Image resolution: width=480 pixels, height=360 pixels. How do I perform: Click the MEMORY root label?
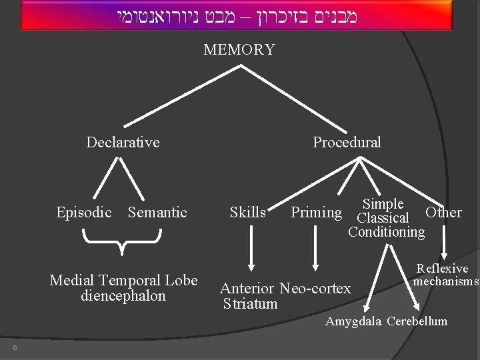click(x=239, y=50)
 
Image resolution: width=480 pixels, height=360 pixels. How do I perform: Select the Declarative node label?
click(x=123, y=142)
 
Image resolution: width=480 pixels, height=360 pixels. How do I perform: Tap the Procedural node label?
click(x=347, y=142)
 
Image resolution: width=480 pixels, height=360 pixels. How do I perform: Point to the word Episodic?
click(x=84, y=213)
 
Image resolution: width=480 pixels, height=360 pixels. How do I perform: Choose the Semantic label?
click(x=157, y=213)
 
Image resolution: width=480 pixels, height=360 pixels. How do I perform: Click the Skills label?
click(x=247, y=213)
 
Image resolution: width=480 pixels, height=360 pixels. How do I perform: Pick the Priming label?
click(x=316, y=213)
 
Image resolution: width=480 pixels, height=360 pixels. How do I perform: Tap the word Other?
click(x=443, y=213)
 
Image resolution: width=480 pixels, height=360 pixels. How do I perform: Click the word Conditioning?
click(x=386, y=232)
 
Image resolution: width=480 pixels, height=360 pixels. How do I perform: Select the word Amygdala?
click(x=353, y=322)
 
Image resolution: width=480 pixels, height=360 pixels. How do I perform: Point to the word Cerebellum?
click(x=417, y=322)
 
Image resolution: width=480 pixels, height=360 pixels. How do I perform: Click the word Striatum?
click(x=250, y=304)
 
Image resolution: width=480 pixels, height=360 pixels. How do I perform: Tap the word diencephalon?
click(x=123, y=296)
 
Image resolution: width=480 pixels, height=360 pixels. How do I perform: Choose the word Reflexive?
click(x=443, y=269)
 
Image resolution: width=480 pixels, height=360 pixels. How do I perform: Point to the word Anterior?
click(x=247, y=289)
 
